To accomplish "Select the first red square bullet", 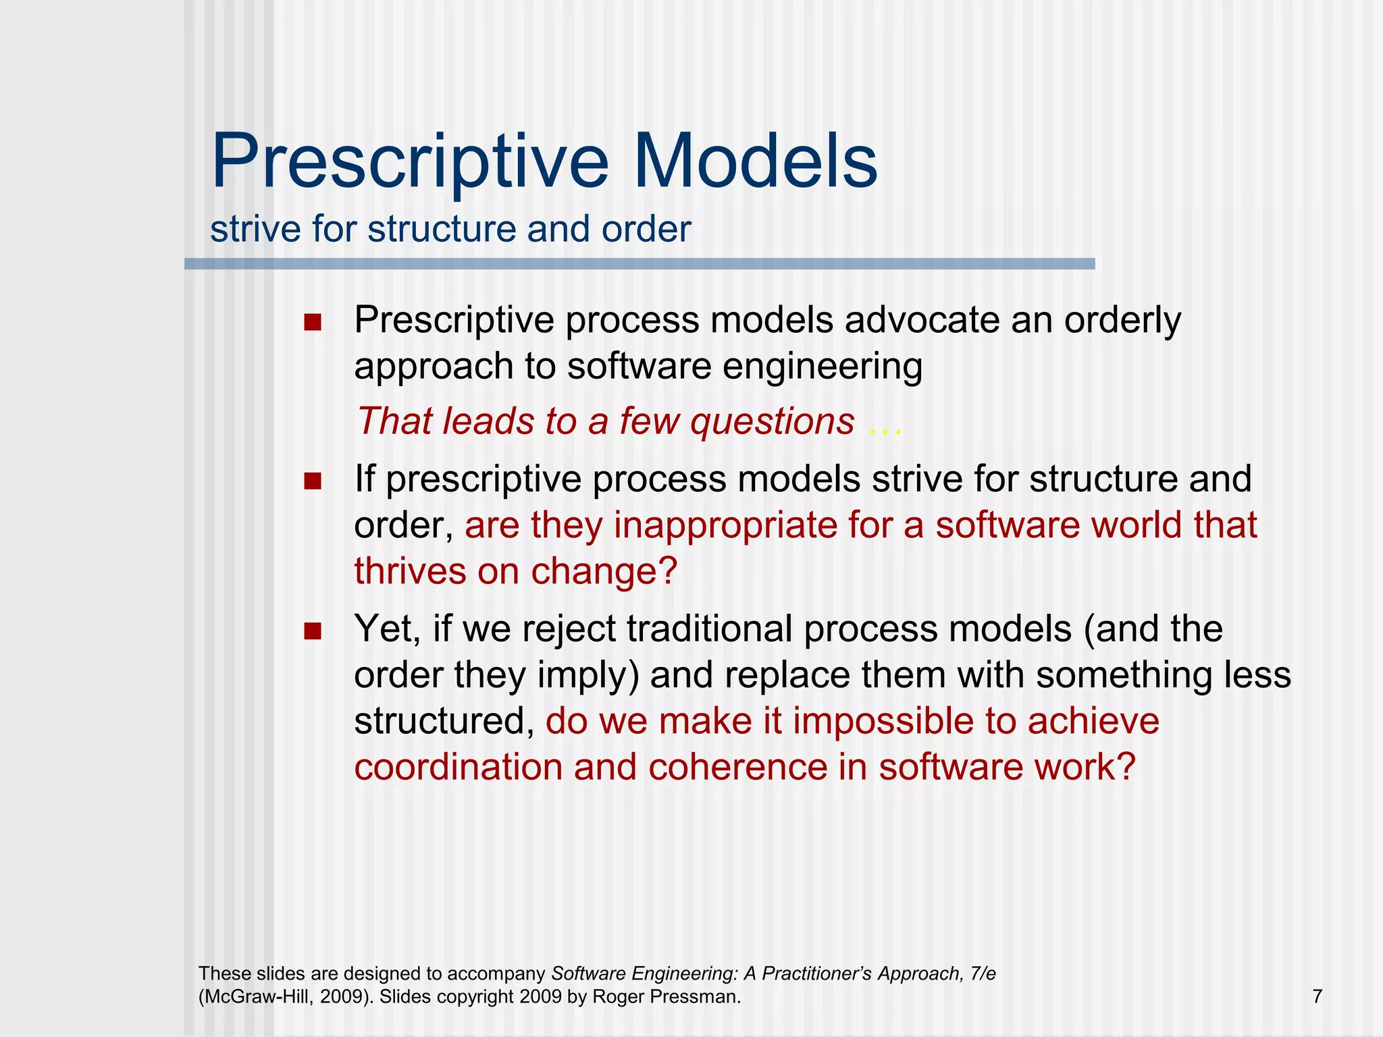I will pyautogui.click(x=312, y=322).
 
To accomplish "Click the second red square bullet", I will pyautogui.click(x=312, y=481).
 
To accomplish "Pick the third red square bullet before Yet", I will pyautogui.click(x=312, y=631).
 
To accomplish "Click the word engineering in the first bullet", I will pyautogui.click(x=822, y=367).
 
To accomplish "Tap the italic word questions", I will pyautogui.click(x=772, y=422).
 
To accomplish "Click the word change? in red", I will pyautogui.click(x=604, y=571).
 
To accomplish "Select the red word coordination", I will pyautogui.click(x=458, y=768).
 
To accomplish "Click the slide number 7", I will pyautogui.click(x=1317, y=996).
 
